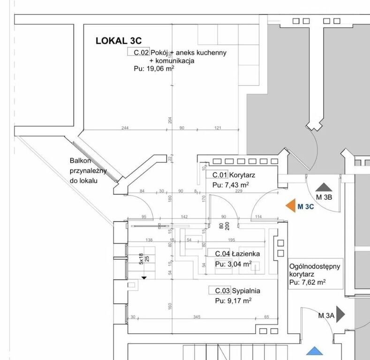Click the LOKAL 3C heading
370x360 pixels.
(x=119, y=41)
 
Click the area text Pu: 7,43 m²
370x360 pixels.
(x=230, y=185)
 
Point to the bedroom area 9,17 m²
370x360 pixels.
(x=233, y=300)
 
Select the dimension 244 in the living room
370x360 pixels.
(x=125, y=128)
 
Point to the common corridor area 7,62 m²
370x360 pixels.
(x=307, y=282)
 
